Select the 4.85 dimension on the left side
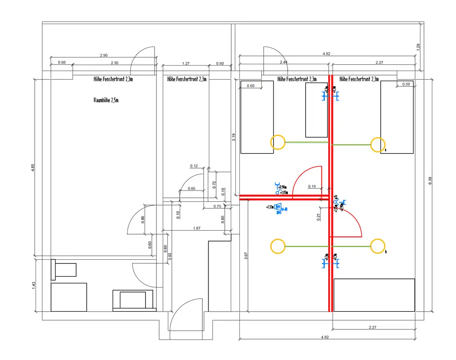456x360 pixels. pyautogui.click(x=32, y=167)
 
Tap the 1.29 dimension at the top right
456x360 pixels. pyautogui.click(x=418, y=46)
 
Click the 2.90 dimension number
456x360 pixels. pyautogui.click(x=104, y=56)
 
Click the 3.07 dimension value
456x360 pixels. pyautogui.click(x=246, y=256)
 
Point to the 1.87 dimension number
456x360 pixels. pyautogui.click(x=197, y=228)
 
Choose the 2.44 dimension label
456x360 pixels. pyautogui.click(x=284, y=62)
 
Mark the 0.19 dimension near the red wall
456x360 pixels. pyautogui.click(x=312, y=186)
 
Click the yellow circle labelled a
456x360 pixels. pyautogui.click(x=377, y=144)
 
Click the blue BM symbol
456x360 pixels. pyautogui.click(x=278, y=208)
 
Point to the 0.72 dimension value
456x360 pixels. pyautogui.click(x=214, y=185)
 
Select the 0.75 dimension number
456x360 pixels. pyautogui.click(x=217, y=206)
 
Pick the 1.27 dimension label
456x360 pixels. pyautogui.click(x=186, y=64)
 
